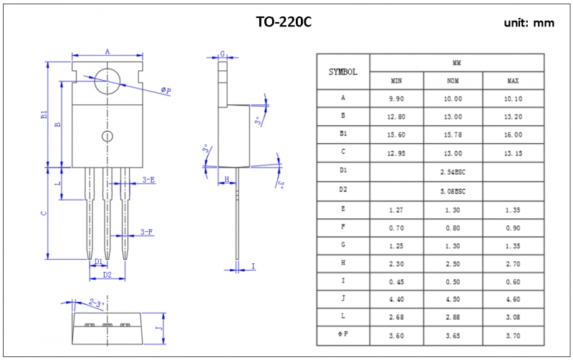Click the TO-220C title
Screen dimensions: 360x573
[x=284, y=22]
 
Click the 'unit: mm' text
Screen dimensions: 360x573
[x=529, y=23]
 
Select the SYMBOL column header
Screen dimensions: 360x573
[x=343, y=72]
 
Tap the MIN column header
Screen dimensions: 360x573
[x=397, y=80]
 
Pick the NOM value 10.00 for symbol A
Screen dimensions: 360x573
[x=453, y=99]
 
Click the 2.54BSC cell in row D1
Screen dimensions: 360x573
[x=453, y=172]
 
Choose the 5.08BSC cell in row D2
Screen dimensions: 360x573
[x=453, y=191]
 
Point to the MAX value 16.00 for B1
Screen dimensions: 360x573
[x=513, y=135]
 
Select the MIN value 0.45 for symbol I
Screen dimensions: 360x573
[x=397, y=281]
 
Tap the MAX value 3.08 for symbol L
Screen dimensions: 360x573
[x=513, y=317]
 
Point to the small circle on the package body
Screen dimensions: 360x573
[x=107, y=137]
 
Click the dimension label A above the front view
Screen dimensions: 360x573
[x=107, y=52]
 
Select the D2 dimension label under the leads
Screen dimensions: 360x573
[x=107, y=276]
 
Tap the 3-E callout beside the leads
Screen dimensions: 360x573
[x=148, y=180]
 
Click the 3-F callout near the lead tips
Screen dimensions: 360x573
[x=147, y=232]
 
